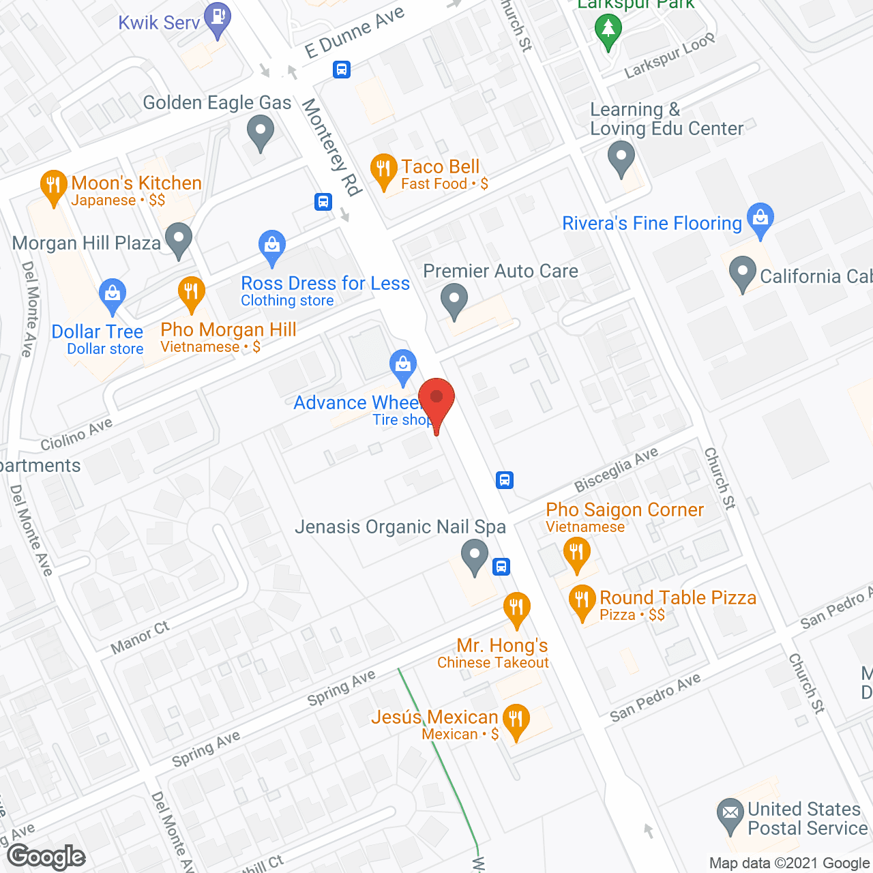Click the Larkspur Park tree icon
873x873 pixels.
(608, 31)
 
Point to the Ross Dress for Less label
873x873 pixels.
(325, 284)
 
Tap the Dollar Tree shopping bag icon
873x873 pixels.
(112, 295)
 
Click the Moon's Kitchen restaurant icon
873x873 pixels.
(53, 186)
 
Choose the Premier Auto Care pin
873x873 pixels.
(454, 300)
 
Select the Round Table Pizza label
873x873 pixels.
(677, 598)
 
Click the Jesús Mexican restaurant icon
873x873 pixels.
(516, 720)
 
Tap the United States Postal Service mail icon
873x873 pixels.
(730, 814)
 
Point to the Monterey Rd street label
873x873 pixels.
(331, 147)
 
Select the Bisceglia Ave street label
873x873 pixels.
(616, 469)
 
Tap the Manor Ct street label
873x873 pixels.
(140, 637)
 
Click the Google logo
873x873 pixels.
(46, 857)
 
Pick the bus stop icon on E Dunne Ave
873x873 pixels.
(342, 69)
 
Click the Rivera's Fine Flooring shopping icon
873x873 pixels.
(760, 219)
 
